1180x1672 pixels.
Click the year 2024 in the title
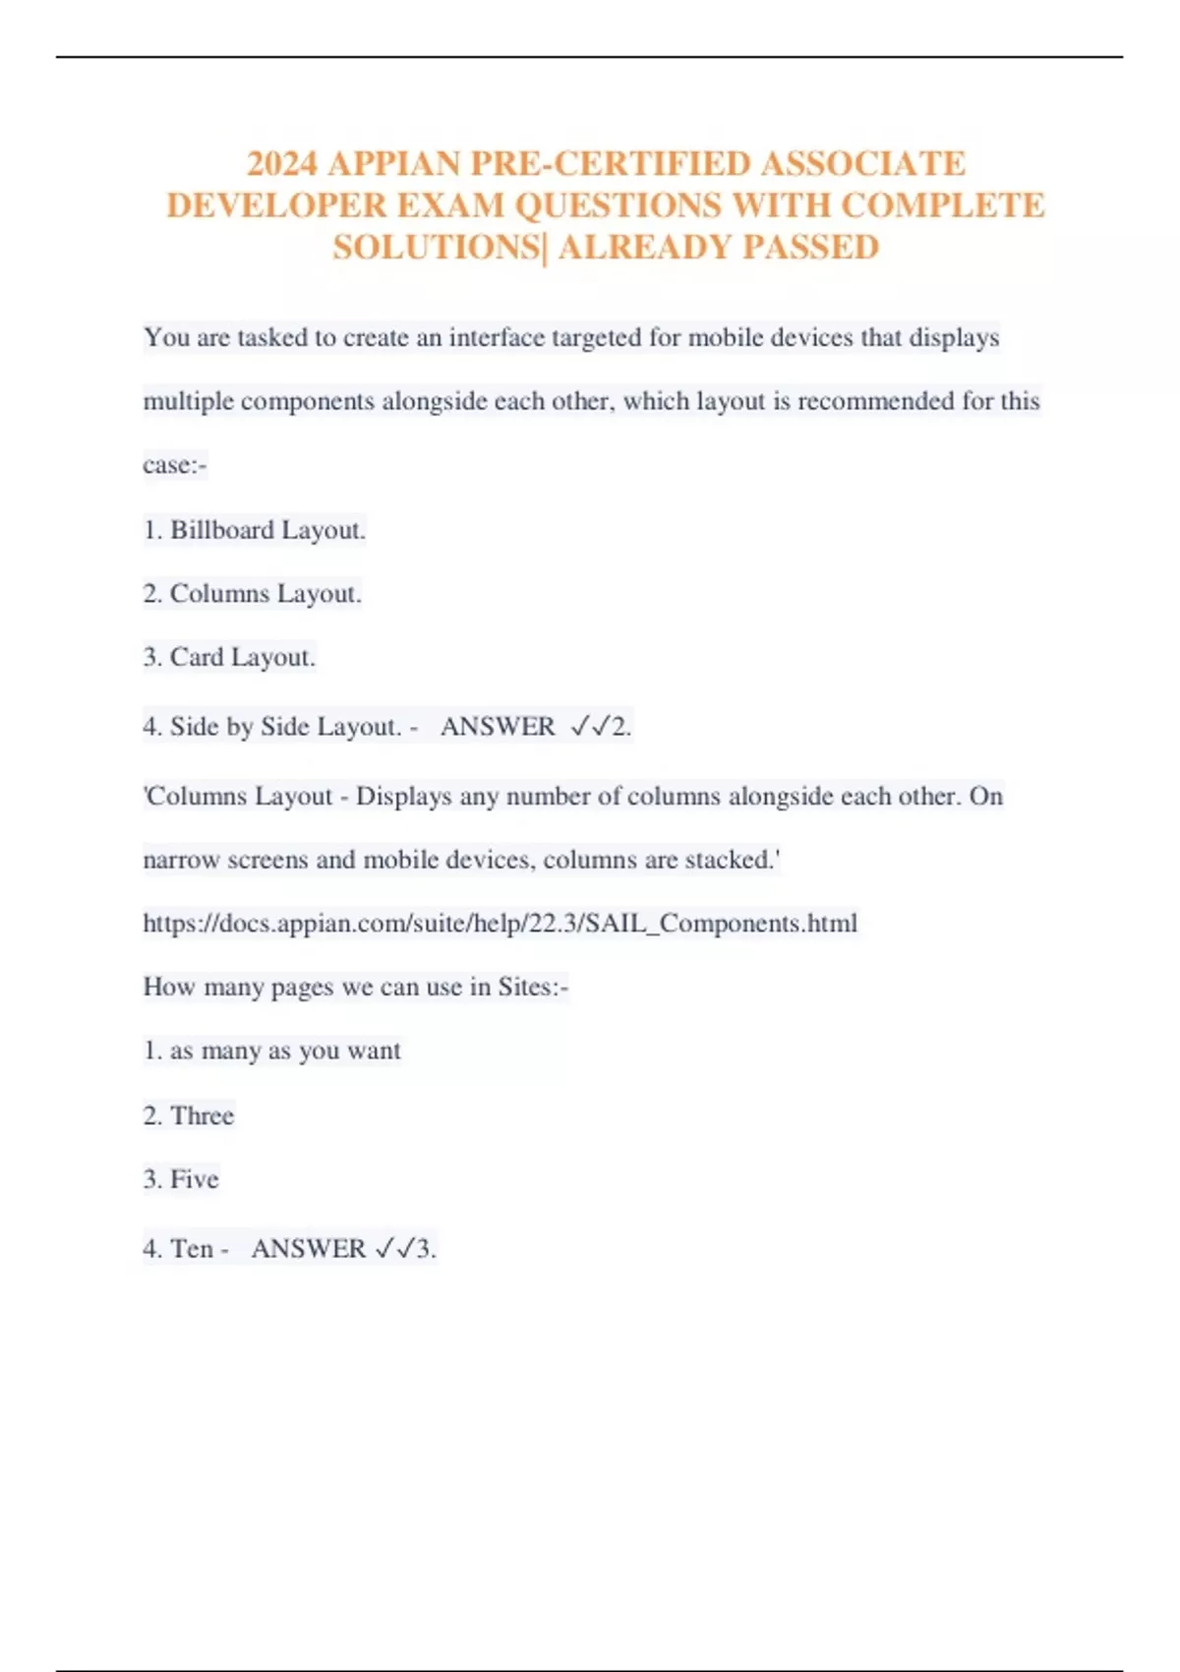click(282, 163)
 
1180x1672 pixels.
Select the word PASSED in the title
click(810, 247)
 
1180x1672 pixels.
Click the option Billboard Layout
click(255, 530)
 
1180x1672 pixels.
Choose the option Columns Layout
click(253, 594)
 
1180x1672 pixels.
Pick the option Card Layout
click(229, 657)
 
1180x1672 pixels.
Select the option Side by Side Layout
click(272, 727)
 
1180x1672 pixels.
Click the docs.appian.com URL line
click(500, 924)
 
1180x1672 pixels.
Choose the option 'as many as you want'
click(272, 1051)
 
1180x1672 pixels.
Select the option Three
click(189, 1115)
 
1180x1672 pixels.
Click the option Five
click(181, 1179)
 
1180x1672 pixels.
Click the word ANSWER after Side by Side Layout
click(498, 727)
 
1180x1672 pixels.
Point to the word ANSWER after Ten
click(308, 1249)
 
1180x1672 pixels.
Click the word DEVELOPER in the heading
click(276, 206)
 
